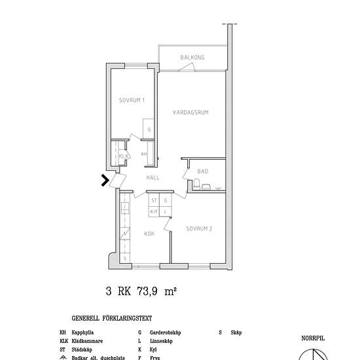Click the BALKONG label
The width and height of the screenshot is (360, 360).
(x=192, y=58)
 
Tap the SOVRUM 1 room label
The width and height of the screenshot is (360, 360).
(x=132, y=100)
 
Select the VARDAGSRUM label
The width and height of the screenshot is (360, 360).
(x=190, y=113)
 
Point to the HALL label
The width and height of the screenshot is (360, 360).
(x=153, y=177)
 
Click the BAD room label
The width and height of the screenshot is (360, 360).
(x=203, y=171)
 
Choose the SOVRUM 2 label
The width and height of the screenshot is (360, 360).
(x=199, y=229)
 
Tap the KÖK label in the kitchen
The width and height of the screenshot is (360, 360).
(x=149, y=232)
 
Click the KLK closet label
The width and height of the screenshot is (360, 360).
(x=122, y=156)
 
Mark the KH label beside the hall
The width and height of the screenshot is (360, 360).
(x=144, y=154)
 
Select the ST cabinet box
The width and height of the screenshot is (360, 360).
(x=154, y=201)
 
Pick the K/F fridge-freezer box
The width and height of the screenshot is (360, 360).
(x=154, y=211)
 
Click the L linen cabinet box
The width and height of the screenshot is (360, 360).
(x=166, y=211)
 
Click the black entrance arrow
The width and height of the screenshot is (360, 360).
(x=104, y=180)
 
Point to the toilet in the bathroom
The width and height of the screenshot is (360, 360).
(x=206, y=187)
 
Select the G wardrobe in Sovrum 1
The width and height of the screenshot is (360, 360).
(x=149, y=129)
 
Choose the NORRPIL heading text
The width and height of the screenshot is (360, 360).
(x=313, y=338)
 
